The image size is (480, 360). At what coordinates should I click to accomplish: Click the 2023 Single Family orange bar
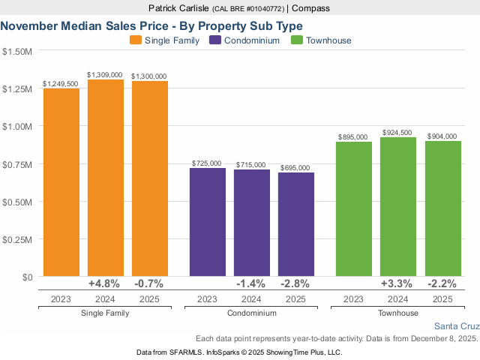tap(61, 182)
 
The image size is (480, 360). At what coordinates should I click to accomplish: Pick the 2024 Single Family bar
tap(106, 178)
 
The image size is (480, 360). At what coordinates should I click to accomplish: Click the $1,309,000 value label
tap(106, 75)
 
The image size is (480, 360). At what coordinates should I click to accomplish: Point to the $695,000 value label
tap(295, 168)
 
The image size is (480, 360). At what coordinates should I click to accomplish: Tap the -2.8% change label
tap(295, 283)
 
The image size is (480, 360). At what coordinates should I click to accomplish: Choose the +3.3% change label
tap(398, 283)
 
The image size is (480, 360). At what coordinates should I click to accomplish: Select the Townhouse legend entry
tap(328, 40)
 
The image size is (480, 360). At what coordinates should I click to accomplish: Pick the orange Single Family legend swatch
tap(136, 40)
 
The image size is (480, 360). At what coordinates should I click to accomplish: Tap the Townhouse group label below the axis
tap(398, 313)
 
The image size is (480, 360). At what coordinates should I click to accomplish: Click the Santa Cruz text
tap(456, 326)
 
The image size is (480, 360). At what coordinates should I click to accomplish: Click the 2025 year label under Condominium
tap(295, 298)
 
